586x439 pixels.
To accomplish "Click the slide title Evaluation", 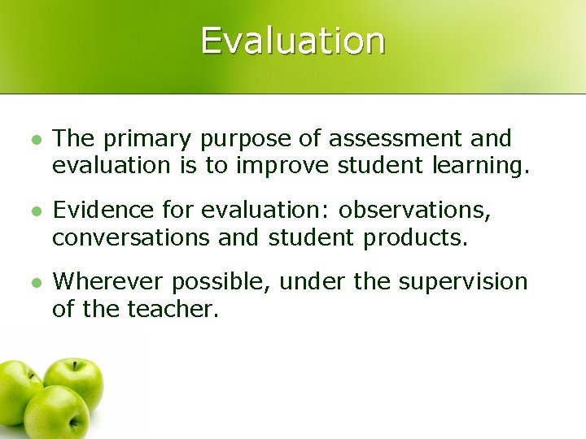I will click(293, 40).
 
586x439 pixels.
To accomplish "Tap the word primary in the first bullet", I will click(146, 139).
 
